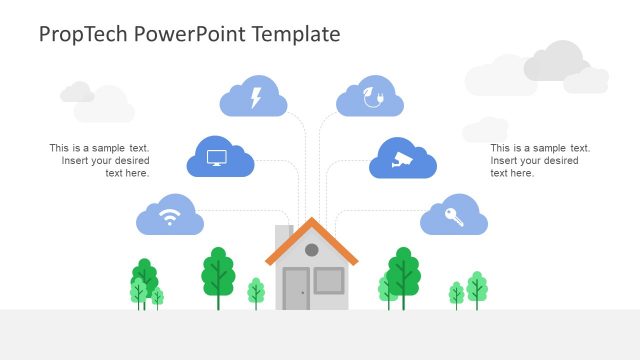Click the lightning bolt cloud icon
(253, 97)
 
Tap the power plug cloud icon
(370, 97)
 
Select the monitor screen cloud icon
(219, 158)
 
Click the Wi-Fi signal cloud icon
(170, 215)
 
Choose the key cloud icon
(454, 216)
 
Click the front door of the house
(296, 289)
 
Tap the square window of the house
(328, 280)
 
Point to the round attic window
(311, 250)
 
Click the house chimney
(282, 237)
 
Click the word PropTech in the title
(81, 34)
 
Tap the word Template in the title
(297, 34)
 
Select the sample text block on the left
(100, 160)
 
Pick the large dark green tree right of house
(404, 271)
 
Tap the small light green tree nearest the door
(256, 292)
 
